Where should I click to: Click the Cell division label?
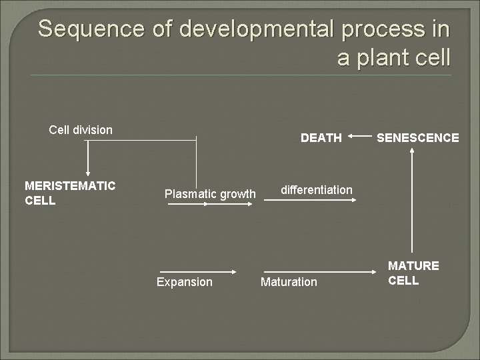[81, 129]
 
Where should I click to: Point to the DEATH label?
[321, 138]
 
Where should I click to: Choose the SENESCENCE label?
[417, 138]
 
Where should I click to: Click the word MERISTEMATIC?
[70, 185]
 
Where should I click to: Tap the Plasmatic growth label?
[210, 194]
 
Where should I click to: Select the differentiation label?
[316, 190]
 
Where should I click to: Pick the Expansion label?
[184, 282]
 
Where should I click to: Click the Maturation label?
[289, 282]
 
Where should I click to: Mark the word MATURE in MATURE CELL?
[413, 266]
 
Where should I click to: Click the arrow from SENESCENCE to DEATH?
[360, 137]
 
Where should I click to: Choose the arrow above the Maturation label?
[320, 271]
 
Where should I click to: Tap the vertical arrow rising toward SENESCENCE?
[413, 200]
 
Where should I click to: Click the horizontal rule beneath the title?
[240, 75]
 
